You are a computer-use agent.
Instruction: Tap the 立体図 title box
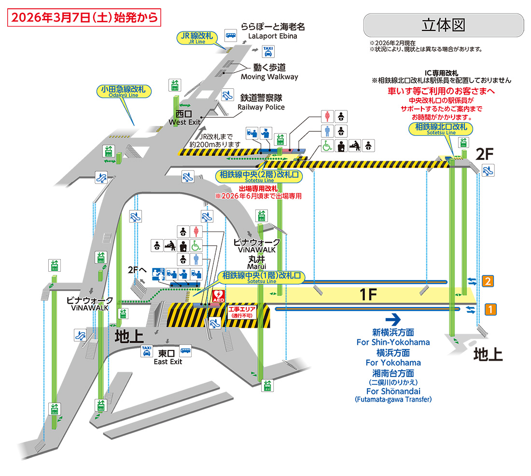click(443, 25)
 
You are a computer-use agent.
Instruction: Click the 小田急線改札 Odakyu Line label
click(123, 91)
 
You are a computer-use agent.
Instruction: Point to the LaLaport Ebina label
click(273, 31)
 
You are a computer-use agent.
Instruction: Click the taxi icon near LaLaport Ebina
click(268, 51)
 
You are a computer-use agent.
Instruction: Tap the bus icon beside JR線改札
click(231, 35)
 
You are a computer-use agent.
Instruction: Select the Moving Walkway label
click(269, 72)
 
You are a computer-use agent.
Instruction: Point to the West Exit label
click(184, 118)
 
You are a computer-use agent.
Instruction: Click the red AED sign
click(219, 295)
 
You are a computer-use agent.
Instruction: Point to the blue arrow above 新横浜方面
click(393, 319)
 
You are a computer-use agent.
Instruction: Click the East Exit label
click(168, 358)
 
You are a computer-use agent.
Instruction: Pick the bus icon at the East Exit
click(186, 350)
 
